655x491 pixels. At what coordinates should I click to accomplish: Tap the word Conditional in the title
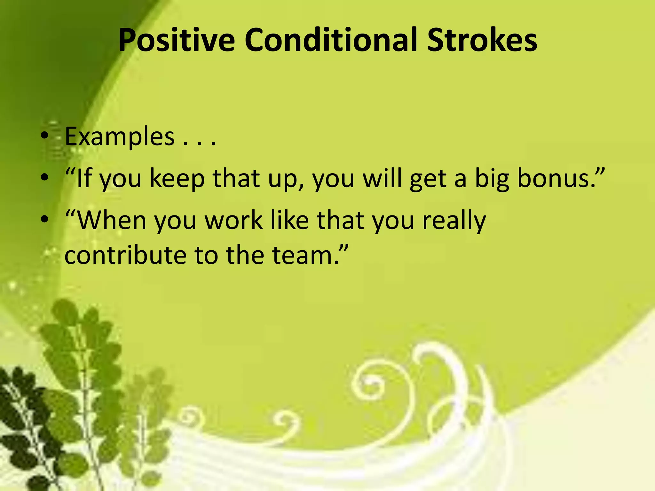point(331,41)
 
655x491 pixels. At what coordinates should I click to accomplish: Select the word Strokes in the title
point(482,41)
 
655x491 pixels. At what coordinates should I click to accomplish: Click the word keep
point(177,179)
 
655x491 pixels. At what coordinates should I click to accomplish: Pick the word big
point(492,179)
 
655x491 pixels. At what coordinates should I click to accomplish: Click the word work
point(233,220)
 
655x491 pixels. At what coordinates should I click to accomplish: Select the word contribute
point(125,255)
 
